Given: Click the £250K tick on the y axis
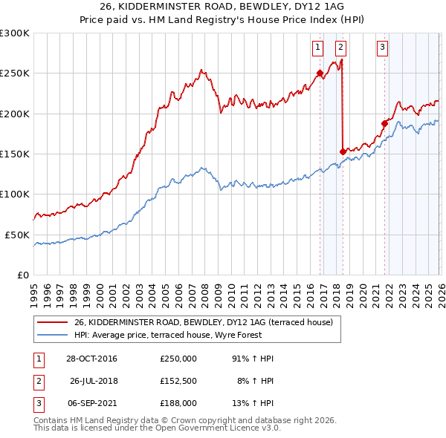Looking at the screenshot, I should click(15, 73).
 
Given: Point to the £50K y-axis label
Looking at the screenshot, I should click(17, 235).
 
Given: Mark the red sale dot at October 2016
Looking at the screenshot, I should click(320, 73).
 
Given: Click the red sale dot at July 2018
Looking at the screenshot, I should click(343, 151).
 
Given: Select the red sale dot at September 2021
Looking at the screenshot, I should click(384, 123).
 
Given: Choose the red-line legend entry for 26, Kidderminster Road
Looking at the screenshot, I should click(208, 322).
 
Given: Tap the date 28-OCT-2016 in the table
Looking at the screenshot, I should click(91, 359).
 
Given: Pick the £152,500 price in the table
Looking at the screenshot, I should click(178, 381).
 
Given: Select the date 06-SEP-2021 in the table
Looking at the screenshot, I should click(91, 403).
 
